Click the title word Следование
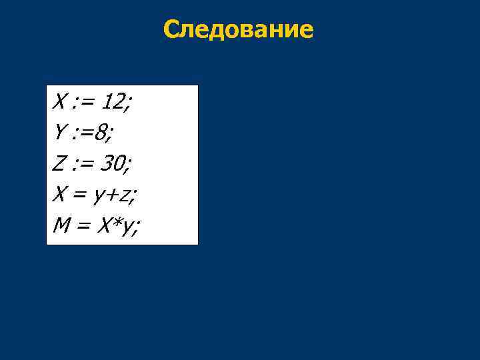[238, 29]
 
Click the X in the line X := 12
[59, 103]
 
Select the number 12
[116, 103]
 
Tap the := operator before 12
[83, 103]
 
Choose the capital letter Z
[59, 165]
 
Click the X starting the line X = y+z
[59, 196]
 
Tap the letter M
[61, 227]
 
